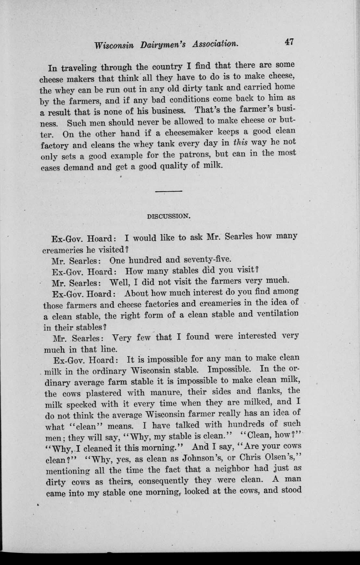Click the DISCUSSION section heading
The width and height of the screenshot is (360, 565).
click(x=168, y=216)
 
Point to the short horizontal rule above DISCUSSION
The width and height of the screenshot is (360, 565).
click(x=168, y=191)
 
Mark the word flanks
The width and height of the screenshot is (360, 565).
click(x=267, y=391)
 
